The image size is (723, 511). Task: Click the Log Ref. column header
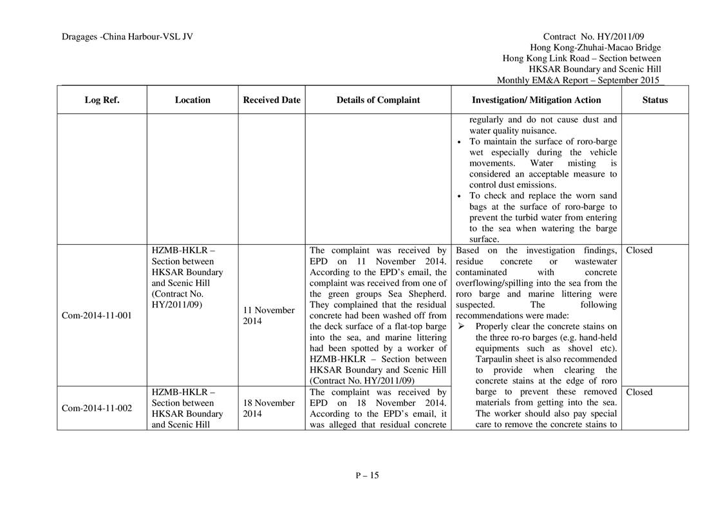(102, 100)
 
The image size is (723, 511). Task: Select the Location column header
(192, 100)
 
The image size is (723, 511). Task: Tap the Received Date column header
(272, 100)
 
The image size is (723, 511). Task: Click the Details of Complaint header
(378, 100)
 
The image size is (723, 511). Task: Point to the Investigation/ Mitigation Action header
(536, 100)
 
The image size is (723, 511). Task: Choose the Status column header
(655, 100)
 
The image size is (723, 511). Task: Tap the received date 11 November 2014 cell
(269, 316)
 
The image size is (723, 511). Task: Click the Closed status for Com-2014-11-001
(639, 251)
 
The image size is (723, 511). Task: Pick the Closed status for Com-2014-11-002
(639, 392)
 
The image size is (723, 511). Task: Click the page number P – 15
(367, 476)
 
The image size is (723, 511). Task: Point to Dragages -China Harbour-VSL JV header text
(127, 37)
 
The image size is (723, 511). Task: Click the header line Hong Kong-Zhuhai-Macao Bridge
(595, 48)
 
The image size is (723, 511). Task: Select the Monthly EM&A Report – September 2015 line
(578, 81)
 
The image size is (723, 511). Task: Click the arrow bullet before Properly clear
(461, 327)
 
